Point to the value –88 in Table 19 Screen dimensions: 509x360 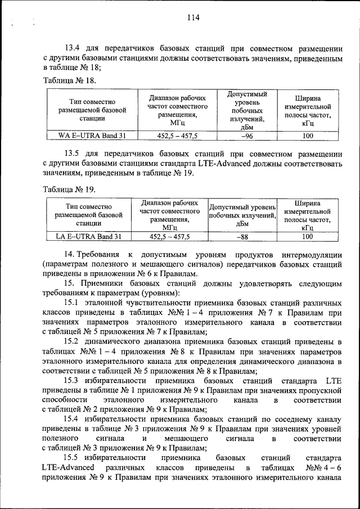pos(242,237)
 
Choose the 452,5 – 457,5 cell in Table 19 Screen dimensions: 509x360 pos(170,237)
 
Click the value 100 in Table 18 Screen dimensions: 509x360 pos(308,136)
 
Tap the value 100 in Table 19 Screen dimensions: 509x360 pos(308,237)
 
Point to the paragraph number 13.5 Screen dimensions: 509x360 pos(74,153)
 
